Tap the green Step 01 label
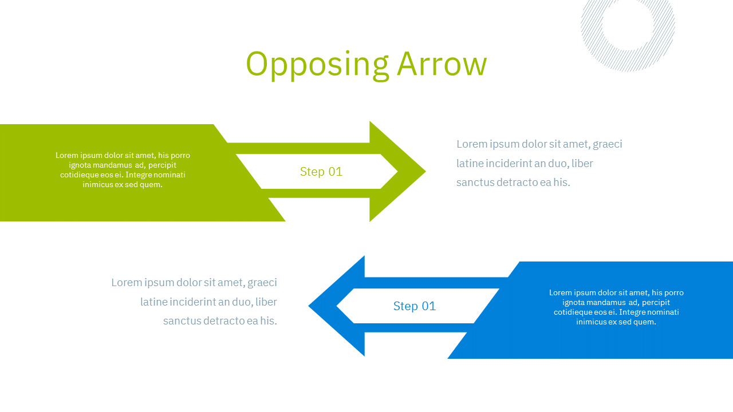[321, 172]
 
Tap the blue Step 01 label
[415, 306]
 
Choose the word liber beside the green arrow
[582, 163]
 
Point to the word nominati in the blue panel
[664, 312]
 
